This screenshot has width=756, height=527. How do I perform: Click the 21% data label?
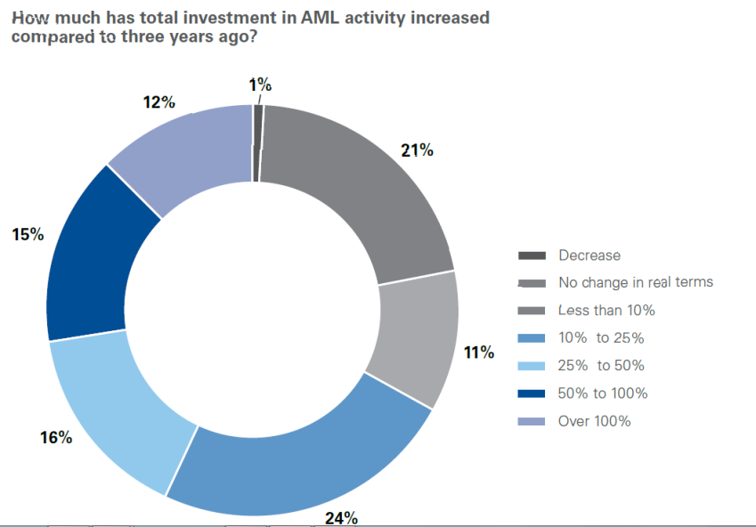[417, 150]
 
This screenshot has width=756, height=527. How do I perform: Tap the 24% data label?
[341, 517]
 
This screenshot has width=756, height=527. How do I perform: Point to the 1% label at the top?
[260, 85]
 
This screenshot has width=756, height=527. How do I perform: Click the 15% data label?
[28, 234]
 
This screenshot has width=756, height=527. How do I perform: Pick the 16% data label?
[55, 437]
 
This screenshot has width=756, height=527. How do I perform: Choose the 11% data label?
[479, 353]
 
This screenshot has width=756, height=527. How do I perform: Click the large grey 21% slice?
[356, 187]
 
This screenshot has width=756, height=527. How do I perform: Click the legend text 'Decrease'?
[589, 255]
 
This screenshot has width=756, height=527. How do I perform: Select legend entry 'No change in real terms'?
[636, 282]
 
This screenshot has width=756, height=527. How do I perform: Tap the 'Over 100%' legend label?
[594, 421]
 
